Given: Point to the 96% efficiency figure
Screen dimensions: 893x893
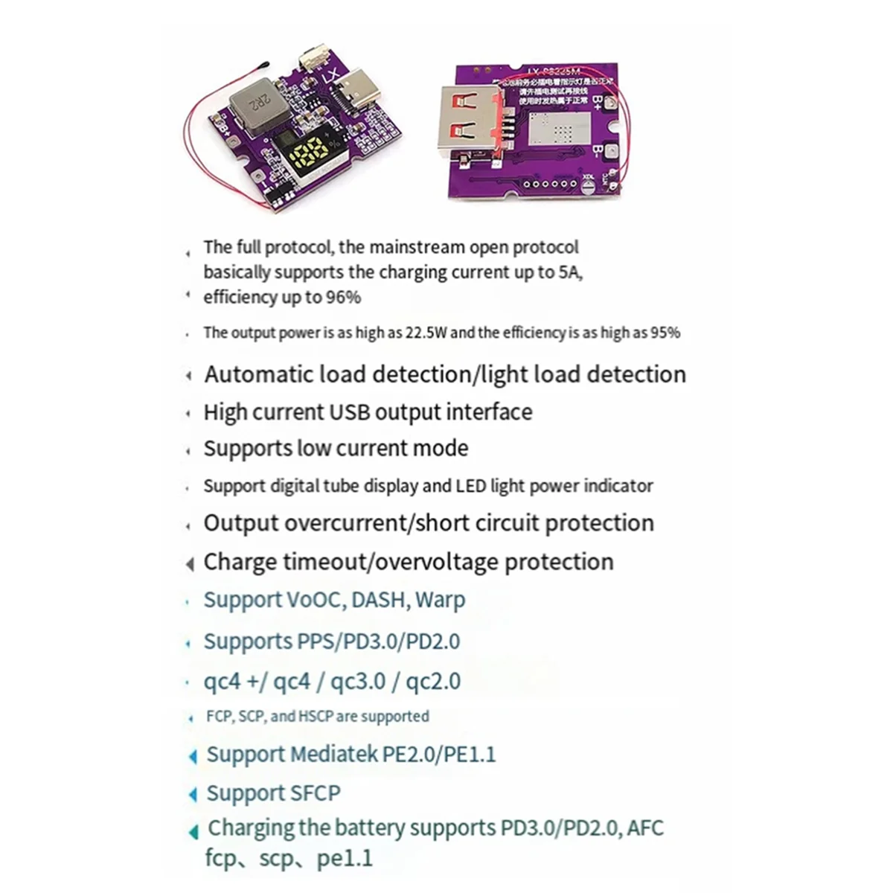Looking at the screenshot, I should (x=343, y=298).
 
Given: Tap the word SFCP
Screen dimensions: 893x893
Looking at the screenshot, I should (x=307, y=793).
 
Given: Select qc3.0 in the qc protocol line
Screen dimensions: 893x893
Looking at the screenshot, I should (x=367, y=682).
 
